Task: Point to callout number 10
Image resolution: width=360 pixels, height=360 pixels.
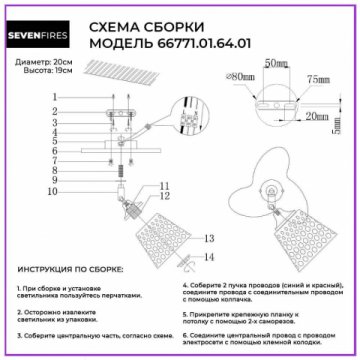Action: click(54, 190)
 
